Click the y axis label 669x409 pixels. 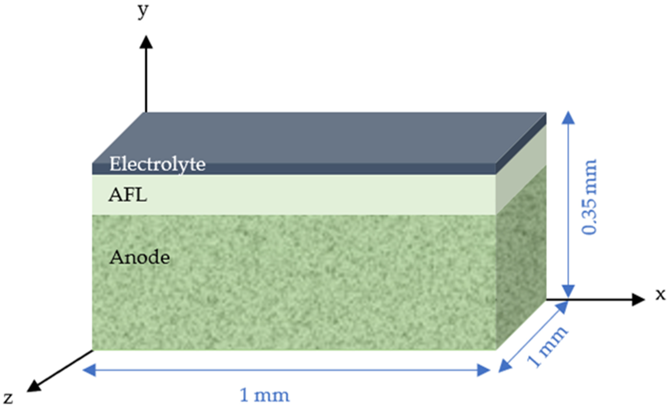tap(143, 11)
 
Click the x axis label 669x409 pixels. tap(660, 294)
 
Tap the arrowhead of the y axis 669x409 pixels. tap(146, 43)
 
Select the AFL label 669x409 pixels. tap(128, 195)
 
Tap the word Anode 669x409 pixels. tap(140, 257)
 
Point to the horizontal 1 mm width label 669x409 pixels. tap(265, 395)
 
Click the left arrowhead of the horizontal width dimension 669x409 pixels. tap(90, 370)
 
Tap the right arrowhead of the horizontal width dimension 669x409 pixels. tap(483, 370)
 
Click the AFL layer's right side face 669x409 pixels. tap(521, 174)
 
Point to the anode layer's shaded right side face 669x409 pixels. tap(521, 258)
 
